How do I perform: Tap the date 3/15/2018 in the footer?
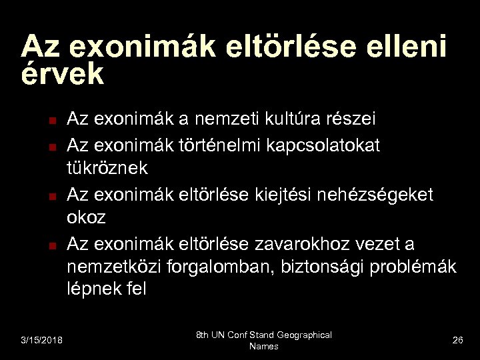[x=41, y=341]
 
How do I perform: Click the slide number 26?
[x=457, y=341]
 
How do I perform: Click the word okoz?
[x=87, y=218]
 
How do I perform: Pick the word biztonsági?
[x=312, y=267]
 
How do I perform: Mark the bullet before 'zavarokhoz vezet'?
[x=51, y=245]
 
